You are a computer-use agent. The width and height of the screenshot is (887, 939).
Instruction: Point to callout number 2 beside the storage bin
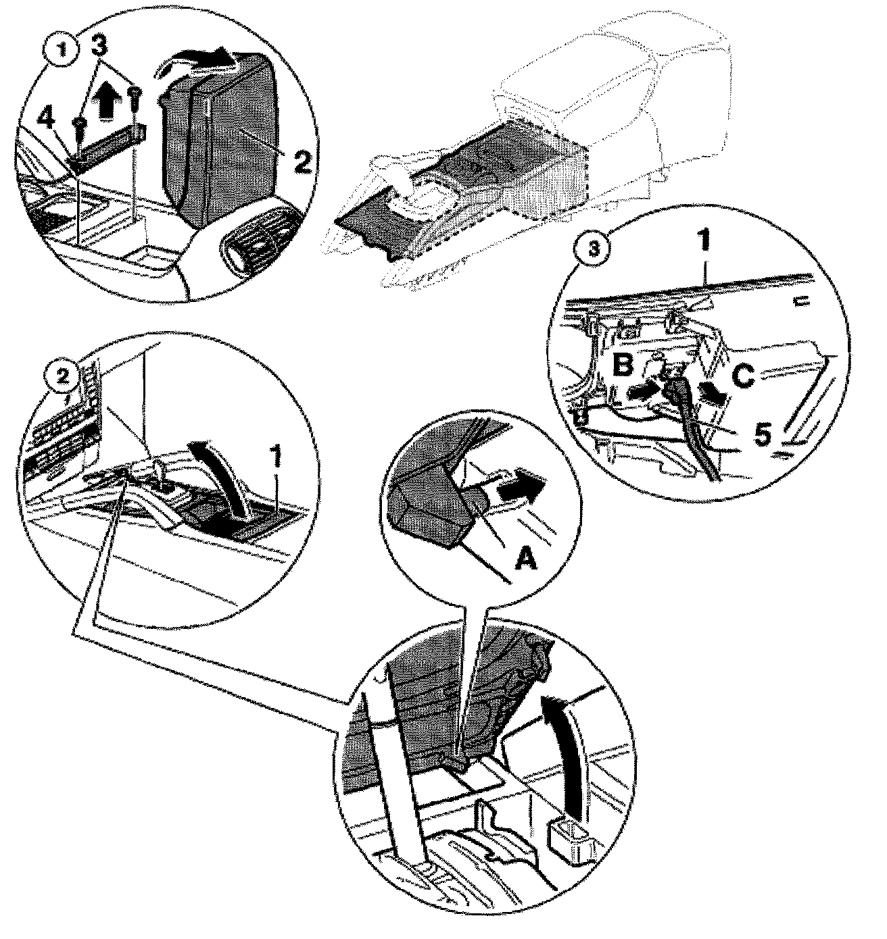click(302, 161)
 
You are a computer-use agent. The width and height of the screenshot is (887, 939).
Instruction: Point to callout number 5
click(762, 434)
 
